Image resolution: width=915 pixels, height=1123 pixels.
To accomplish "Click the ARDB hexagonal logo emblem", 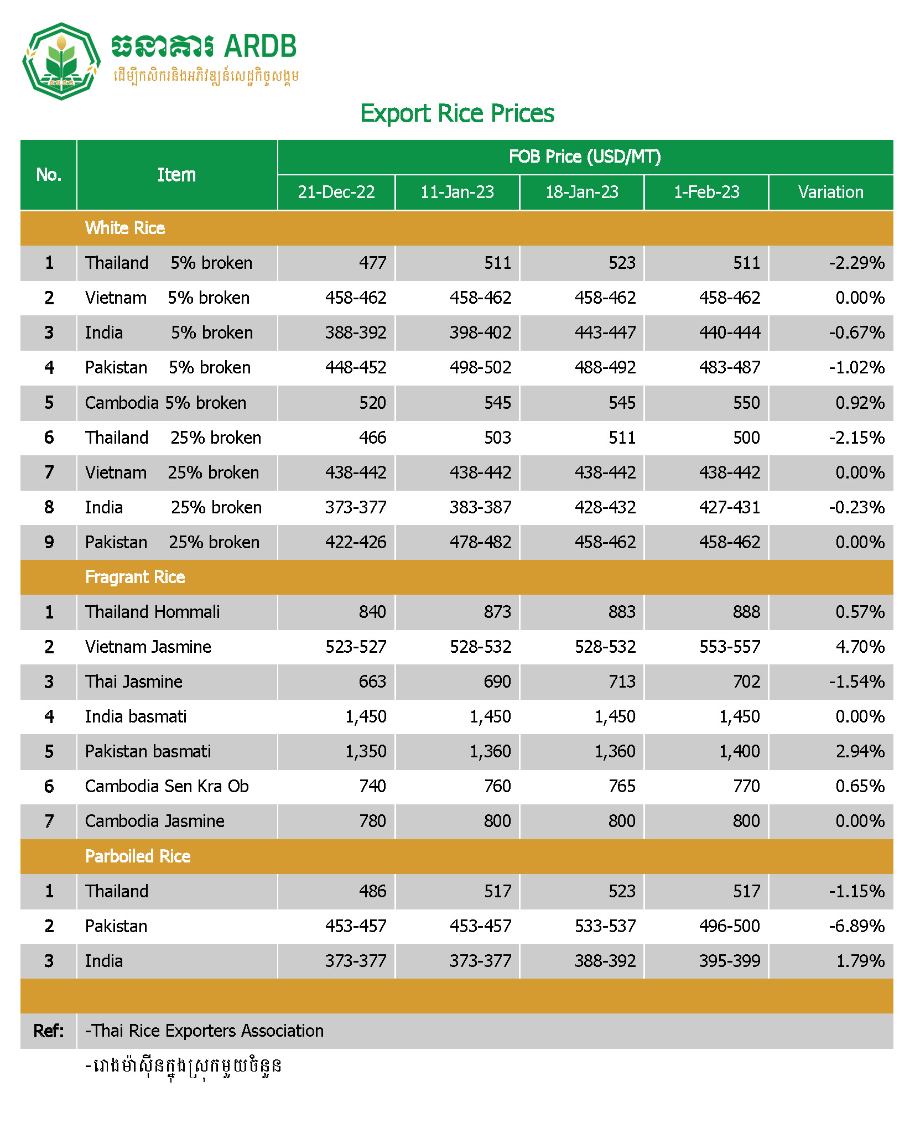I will [x=61, y=61].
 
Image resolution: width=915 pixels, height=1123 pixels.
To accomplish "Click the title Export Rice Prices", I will [x=457, y=113].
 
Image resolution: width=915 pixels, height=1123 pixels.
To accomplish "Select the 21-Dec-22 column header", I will [x=336, y=192].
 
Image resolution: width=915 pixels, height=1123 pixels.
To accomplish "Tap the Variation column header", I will [x=830, y=192].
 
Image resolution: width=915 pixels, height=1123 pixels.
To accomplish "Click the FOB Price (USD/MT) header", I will [x=585, y=157].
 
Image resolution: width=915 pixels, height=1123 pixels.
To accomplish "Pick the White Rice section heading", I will [x=125, y=228].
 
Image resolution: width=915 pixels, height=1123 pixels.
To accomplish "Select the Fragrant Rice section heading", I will [x=135, y=577].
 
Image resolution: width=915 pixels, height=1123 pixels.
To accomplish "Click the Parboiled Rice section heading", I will [x=138, y=856].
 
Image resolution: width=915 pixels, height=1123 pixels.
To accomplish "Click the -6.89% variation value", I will [x=856, y=926].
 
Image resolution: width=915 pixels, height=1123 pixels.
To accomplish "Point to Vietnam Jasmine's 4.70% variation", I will [x=860, y=647].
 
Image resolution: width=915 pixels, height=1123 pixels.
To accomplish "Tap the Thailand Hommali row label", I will [x=152, y=612].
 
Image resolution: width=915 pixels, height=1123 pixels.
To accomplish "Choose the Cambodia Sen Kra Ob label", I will [x=167, y=786].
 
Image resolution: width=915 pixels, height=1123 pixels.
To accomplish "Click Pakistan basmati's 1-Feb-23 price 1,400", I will [x=739, y=751].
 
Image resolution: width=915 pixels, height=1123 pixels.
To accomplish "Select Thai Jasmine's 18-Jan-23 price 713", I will [x=622, y=682].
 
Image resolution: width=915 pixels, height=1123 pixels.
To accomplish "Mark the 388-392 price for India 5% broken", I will [x=355, y=332].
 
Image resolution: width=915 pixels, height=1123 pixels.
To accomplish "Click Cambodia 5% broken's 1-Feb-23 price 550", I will [x=746, y=403].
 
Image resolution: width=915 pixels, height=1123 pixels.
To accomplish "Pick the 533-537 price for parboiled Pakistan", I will [x=605, y=926].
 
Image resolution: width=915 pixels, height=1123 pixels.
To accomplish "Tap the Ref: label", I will [x=49, y=1031].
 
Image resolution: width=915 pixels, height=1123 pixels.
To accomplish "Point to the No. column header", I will [x=49, y=175].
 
